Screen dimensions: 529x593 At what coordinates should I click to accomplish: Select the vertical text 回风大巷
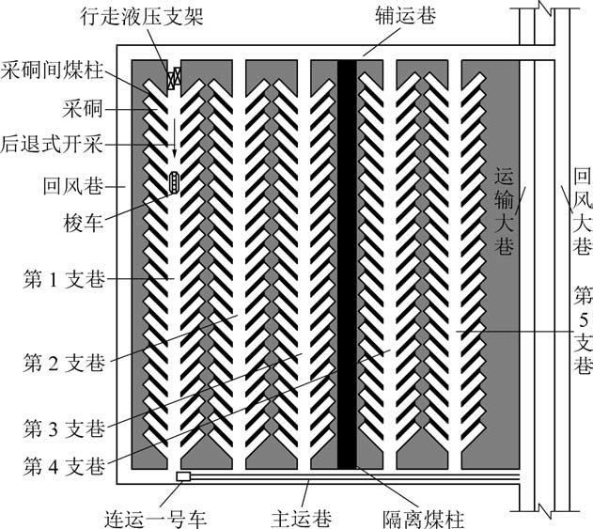click(582, 211)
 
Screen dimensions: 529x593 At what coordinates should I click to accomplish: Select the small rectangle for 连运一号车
click(183, 477)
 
